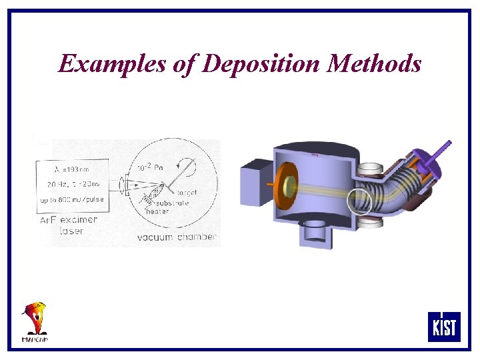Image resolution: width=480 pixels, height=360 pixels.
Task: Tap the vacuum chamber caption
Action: (x=177, y=237)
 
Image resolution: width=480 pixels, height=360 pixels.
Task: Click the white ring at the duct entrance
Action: (x=359, y=199)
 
